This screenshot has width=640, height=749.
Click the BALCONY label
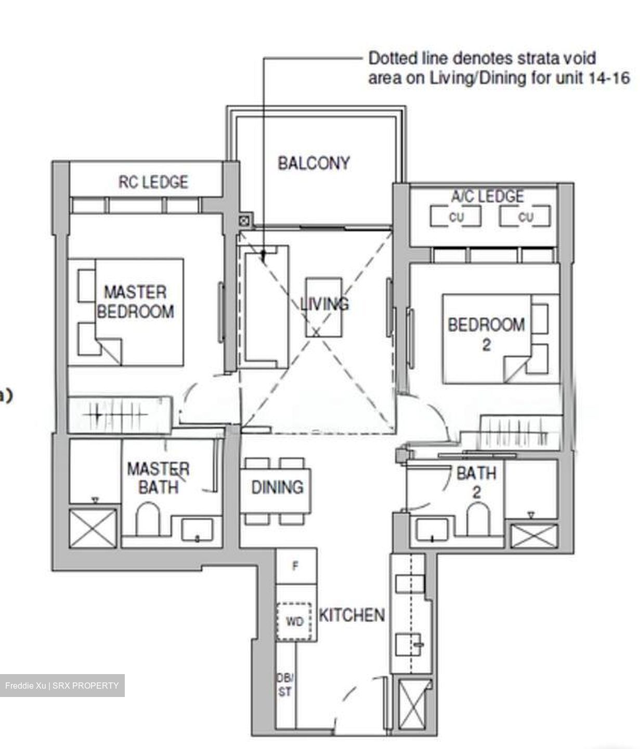(314, 163)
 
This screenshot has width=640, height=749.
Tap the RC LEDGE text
(153, 182)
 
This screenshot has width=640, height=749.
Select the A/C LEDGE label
(487, 197)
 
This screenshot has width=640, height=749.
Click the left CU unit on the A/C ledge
(455, 217)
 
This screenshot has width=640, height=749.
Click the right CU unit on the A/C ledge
(525, 217)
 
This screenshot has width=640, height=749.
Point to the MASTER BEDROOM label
(135, 302)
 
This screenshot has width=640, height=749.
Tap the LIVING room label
(324, 304)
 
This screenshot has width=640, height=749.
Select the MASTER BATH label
(158, 478)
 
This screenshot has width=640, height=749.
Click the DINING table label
(277, 487)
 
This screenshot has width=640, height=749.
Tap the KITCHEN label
(351, 615)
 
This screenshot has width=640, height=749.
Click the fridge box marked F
(296, 566)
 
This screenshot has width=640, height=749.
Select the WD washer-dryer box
(294, 622)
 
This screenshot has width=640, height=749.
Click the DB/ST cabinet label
(284, 685)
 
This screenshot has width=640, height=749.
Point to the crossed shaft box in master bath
(93, 528)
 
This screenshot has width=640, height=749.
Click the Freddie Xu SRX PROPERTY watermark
(62, 686)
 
